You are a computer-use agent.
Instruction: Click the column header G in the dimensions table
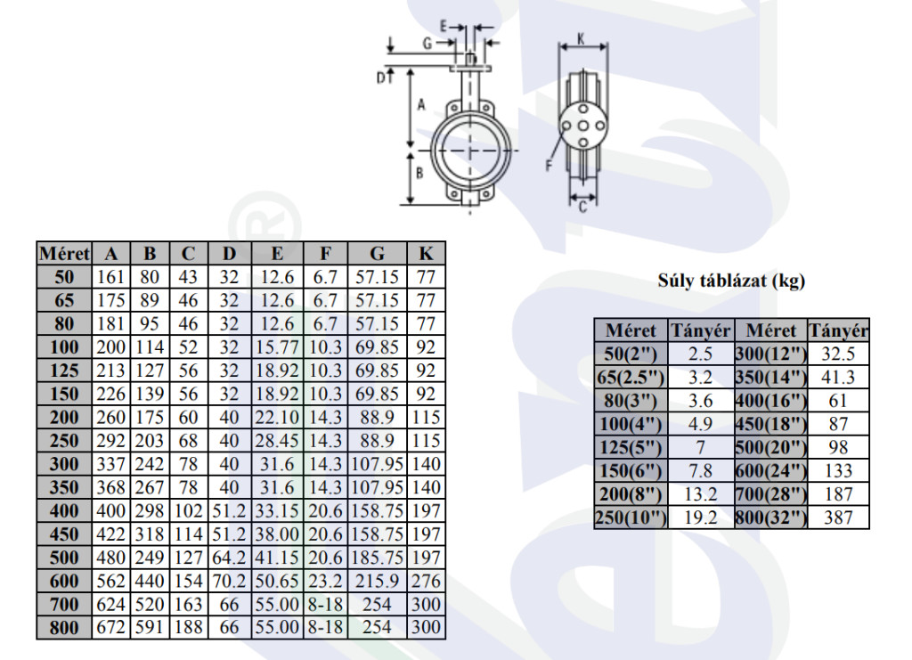(x=377, y=254)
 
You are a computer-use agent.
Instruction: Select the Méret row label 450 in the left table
(x=64, y=534)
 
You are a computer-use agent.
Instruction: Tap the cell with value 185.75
(x=378, y=558)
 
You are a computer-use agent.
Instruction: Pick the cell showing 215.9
(x=377, y=581)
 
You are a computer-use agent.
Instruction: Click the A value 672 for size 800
(x=110, y=627)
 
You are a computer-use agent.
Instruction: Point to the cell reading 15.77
(x=277, y=347)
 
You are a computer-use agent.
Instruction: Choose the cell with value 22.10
(x=277, y=417)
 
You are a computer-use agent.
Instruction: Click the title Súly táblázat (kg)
(x=731, y=281)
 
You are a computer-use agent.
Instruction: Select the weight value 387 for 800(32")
(x=838, y=517)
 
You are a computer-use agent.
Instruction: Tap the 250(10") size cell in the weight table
(x=631, y=517)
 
